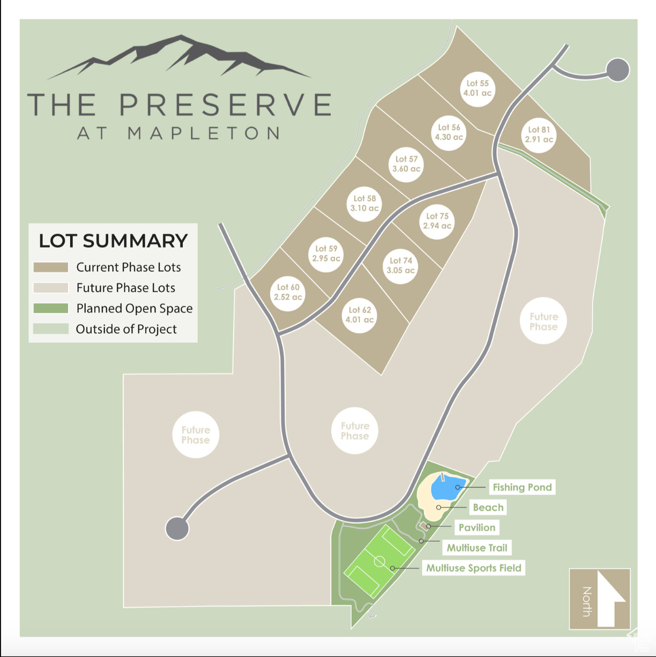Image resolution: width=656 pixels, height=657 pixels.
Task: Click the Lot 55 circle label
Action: click(477, 88)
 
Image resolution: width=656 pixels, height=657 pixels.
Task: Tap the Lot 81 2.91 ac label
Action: click(539, 135)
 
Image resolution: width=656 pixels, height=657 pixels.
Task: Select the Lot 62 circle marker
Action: click(360, 315)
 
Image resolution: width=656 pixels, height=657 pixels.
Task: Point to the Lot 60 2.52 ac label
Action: click(288, 292)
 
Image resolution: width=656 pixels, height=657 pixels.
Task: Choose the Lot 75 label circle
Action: click(437, 221)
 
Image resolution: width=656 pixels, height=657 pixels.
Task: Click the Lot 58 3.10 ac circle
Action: click(364, 203)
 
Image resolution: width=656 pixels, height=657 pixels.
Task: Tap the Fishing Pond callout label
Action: click(522, 487)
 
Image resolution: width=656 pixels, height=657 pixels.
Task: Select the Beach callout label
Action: click(488, 507)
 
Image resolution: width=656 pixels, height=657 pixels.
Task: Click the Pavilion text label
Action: click(476, 527)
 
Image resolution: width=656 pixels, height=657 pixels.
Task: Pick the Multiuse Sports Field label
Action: click(473, 568)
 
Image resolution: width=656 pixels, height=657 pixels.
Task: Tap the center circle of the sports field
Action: click(379, 561)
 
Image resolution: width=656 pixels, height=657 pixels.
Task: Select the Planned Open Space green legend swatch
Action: click(51, 308)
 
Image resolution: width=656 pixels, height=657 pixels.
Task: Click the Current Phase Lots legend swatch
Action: click(51, 267)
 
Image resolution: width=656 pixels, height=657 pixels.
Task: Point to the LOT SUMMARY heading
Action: click(113, 241)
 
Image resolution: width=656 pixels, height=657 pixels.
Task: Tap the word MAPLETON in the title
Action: click(204, 133)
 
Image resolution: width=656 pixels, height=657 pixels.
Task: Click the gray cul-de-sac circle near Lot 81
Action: click(617, 70)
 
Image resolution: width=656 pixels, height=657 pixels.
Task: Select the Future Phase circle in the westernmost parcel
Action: click(196, 435)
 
